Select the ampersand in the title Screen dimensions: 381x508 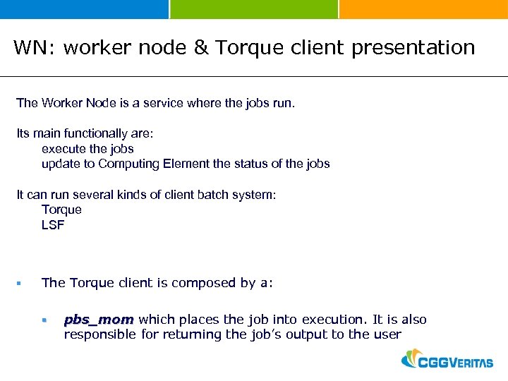201,48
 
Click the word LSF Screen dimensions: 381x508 53,225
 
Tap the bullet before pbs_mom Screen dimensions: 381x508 44,320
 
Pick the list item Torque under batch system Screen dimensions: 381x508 61,210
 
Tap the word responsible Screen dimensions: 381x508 99,334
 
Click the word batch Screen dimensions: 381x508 221,195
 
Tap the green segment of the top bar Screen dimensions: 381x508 254,9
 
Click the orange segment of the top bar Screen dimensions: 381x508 423,9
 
